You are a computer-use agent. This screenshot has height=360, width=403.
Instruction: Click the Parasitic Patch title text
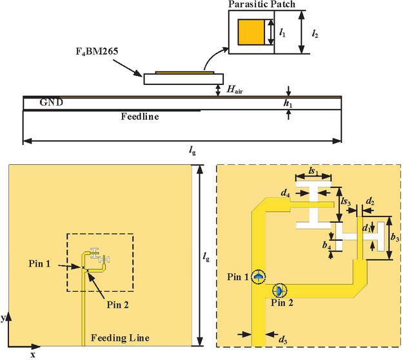pos(261,5)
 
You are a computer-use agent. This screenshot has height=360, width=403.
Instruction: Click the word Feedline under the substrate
pos(140,117)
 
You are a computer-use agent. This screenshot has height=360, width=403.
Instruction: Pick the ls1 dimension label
pos(313,171)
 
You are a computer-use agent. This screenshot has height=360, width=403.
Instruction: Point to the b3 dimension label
pos(395,238)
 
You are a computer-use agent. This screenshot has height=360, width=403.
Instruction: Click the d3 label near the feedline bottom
pos(283,337)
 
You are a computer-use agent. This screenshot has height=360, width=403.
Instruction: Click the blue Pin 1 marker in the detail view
pos(258,277)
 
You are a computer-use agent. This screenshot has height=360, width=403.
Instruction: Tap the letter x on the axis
pos(32,354)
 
